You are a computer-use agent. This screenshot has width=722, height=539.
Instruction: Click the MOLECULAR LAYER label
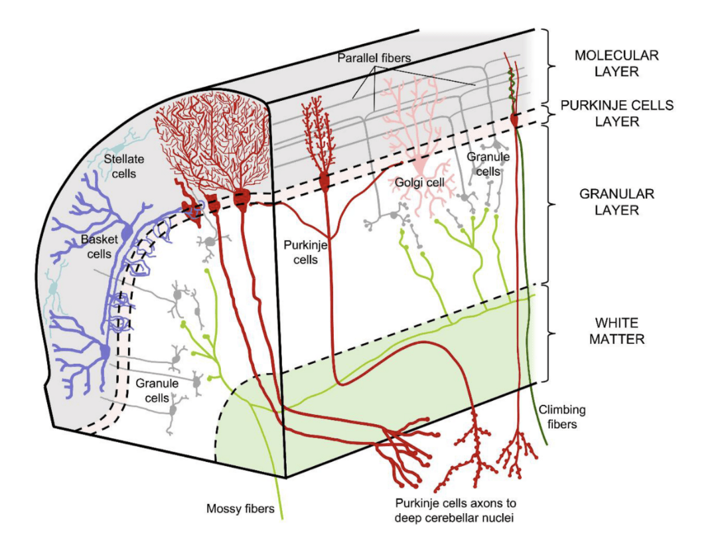tap(616, 64)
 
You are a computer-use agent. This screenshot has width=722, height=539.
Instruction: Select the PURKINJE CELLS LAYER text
tap(616, 114)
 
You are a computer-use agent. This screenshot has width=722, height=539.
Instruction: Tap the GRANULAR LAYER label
tap(616, 202)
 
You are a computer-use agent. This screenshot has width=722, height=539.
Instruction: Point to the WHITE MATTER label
tap(616, 331)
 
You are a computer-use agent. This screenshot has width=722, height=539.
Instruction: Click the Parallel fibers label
tap(374, 58)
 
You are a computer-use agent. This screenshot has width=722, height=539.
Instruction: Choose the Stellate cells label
tap(123, 167)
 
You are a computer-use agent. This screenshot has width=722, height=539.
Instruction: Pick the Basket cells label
tap(99, 246)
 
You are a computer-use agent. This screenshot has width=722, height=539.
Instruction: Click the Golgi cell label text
tap(419, 183)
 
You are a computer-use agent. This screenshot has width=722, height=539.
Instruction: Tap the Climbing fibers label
tap(562, 416)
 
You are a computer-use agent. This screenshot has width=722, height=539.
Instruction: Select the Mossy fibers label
tap(240, 508)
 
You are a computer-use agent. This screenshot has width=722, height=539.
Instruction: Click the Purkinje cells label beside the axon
tap(305, 252)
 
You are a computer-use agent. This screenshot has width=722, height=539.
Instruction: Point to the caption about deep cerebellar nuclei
tap(455, 510)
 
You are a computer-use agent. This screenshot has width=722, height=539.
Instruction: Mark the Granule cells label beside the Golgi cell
tap(488, 164)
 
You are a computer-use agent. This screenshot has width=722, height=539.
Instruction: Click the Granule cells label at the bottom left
tap(157, 391)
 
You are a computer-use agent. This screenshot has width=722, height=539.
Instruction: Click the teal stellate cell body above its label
tap(119, 147)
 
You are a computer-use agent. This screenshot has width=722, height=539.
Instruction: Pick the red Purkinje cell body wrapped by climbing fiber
tap(514, 119)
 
